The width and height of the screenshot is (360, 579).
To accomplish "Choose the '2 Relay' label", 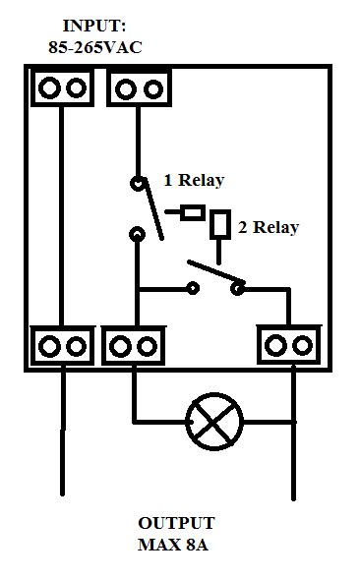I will coord(269,227).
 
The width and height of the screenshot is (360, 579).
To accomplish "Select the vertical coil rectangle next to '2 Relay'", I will coord(220,224).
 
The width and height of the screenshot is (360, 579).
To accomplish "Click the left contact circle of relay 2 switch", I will coord(193,289).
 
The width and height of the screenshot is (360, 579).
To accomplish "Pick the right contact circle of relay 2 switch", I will coord(236,289).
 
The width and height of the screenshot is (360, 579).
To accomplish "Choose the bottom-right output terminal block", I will coord(289,346).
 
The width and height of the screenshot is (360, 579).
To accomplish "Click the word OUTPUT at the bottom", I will coord(176,523).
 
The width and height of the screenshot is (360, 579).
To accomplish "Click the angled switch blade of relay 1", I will coord(151,209).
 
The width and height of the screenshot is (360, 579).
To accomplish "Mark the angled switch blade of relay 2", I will coord(215,274).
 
